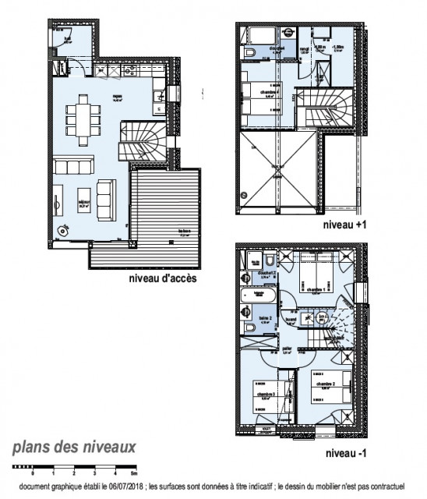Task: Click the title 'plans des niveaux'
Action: [x=74, y=448]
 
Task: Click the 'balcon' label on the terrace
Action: [x=185, y=231]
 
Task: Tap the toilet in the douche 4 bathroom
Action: [x=249, y=51]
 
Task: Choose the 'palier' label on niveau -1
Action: [x=288, y=349]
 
